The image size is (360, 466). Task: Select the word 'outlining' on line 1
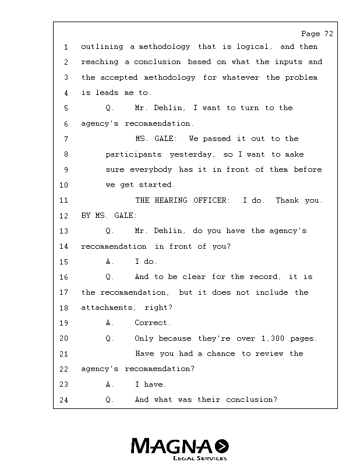point(102,47)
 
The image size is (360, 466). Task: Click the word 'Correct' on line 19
point(153,323)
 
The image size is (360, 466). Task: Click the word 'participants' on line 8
point(134,154)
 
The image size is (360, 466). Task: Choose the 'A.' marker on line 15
point(110,262)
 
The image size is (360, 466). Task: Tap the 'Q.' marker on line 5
point(110,108)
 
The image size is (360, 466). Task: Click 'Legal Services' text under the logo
point(200,458)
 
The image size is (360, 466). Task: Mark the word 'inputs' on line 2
point(289,62)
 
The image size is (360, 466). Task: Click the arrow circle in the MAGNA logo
point(222,446)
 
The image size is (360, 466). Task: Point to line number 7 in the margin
point(66,139)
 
